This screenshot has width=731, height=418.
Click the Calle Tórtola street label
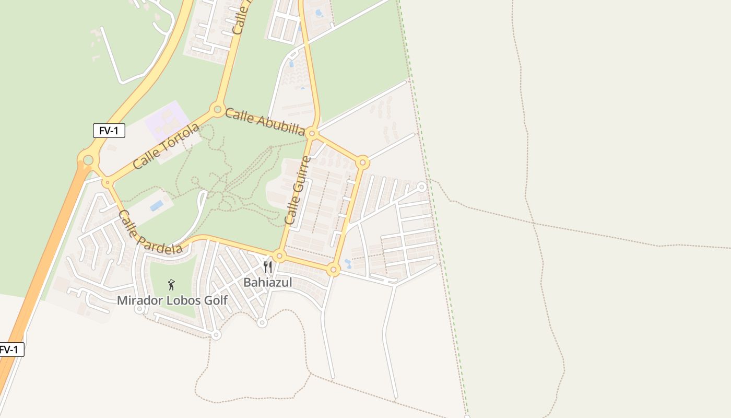click(x=166, y=146)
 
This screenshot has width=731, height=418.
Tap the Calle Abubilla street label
click(x=265, y=122)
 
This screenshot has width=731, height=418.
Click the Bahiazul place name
click(x=268, y=283)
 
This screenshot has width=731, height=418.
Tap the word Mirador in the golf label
click(x=136, y=300)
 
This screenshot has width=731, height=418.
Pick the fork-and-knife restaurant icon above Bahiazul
click(x=268, y=267)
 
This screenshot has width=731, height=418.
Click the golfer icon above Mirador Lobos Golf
click(x=171, y=285)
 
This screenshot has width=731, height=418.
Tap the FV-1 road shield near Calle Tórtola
click(x=109, y=131)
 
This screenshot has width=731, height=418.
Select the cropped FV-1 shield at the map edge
click(x=11, y=350)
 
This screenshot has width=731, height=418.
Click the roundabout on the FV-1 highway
click(x=88, y=160)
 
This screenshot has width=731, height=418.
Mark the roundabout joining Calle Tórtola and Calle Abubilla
click(x=218, y=109)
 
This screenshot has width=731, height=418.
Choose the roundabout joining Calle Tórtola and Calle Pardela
click(x=107, y=182)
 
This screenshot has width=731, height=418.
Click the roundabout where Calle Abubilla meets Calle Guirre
click(x=312, y=134)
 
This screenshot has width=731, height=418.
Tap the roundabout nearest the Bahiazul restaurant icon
click(x=279, y=257)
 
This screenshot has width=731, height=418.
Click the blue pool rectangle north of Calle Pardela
click(x=157, y=205)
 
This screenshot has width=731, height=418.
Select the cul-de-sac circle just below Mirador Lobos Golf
click(x=139, y=309)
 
